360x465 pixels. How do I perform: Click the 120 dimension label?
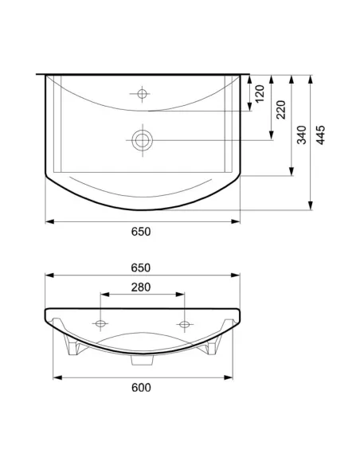[x=260, y=94]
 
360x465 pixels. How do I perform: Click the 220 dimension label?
[x=281, y=110]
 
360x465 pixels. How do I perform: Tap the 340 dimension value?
[x=302, y=135]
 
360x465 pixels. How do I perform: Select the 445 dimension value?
[x=320, y=135]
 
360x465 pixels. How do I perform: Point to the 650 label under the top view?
[x=141, y=232]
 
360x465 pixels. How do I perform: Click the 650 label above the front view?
[x=141, y=268]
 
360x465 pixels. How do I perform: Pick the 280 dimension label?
[x=141, y=287]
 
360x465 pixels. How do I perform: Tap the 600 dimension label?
[x=141, y=388]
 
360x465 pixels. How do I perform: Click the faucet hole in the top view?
[x=142, y=94]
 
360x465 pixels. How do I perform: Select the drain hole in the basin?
[x=143, y=140]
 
